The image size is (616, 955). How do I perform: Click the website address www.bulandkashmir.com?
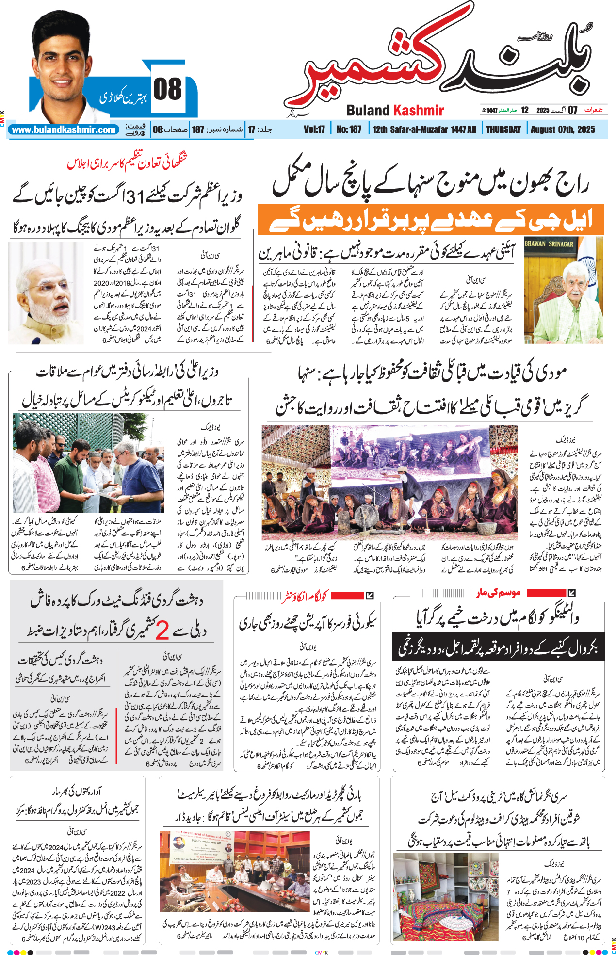(64, 130)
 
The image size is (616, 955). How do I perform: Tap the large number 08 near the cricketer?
(168, 89)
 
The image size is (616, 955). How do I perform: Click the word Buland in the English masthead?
(368, 111)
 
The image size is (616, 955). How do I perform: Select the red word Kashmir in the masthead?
(419, 111)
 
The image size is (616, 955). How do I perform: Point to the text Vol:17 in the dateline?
(314, 129)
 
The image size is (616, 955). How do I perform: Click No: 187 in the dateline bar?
(349, 129)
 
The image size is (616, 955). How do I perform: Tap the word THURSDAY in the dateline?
(503, 129)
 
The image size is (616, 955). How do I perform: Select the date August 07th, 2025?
(562, 129)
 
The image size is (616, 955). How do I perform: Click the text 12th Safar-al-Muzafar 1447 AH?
(424, 129)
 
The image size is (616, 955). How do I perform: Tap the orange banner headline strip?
(430, 220)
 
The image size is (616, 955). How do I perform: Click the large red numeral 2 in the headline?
(162, 631)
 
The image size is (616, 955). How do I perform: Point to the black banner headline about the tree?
(498, 647)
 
